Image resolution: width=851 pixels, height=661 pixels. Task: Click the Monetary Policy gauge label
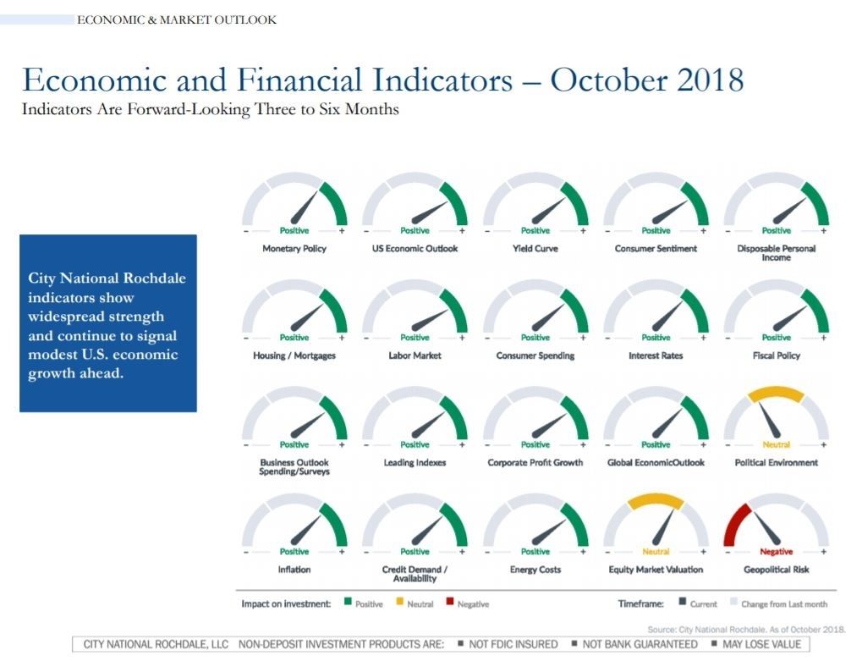[x=294, y=248]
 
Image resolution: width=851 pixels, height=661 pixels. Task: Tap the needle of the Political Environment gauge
[x=769, y=420]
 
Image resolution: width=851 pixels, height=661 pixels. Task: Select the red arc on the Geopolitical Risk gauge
[x=735, y=523]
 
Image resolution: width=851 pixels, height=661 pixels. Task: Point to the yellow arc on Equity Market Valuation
[x=656, y=501]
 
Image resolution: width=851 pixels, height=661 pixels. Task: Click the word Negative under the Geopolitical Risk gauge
[x=776, y=551]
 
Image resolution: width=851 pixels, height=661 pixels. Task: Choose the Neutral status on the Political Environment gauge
[x=776, y=444]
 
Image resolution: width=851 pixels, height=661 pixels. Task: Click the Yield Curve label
[x=535, y=248]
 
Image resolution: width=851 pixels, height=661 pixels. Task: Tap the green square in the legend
[x=348, y=602]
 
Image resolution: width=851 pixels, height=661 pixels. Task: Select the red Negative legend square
[x=449, y=602]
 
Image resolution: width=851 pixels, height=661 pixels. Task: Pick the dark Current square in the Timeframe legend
[x=682, y=602]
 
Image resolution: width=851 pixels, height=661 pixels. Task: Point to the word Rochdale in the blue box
[x=154, y=278]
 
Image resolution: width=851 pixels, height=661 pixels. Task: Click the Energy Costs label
[x=535, y=570]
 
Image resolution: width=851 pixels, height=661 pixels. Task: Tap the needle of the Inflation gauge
[x=306, y=530]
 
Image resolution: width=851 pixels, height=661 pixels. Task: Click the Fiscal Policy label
[x=776, y=355]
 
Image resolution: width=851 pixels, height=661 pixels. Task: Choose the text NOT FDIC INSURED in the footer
[x=513, y=644]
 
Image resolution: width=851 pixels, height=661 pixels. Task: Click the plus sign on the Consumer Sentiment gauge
[x=703, y=231]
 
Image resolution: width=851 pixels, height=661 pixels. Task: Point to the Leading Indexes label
[x=415, y=462]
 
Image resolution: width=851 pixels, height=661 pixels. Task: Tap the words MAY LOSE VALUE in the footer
[x=761, y=644]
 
